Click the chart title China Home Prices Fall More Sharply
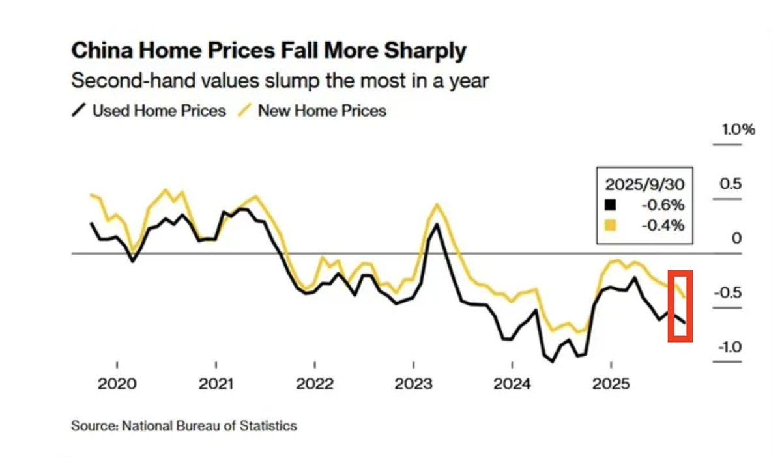click(x=268, y=51)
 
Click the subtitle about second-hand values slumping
click(x=280, y=81)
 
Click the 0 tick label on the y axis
click(x=736, y=238)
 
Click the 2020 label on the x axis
click(x=117, y=383)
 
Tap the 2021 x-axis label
click(x=216, y=383)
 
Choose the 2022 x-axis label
click(x=315, y=383)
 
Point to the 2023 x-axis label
click(x=413, y=383)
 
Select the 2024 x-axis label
click(x=512, y=383)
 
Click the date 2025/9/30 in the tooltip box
click(x=645, y=185)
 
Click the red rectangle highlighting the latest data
click(x=680, y=305)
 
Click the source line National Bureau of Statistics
click(x=184, y=426)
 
